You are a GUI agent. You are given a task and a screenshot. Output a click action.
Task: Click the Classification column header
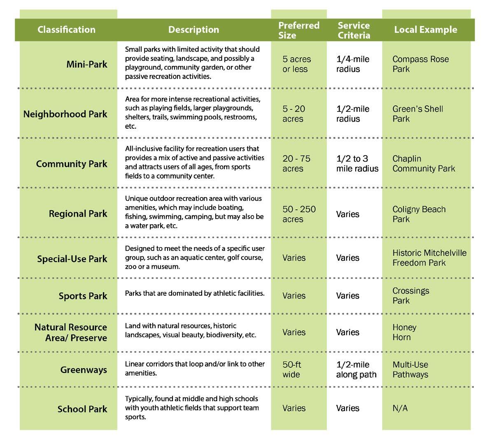66,30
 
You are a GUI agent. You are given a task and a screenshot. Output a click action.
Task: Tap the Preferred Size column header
298,30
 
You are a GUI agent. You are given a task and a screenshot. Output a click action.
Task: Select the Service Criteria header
354,30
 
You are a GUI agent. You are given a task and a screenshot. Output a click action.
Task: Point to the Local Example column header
425,30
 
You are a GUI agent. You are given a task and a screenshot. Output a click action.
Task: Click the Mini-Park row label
86,64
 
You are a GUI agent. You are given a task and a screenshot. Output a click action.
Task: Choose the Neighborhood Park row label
65,114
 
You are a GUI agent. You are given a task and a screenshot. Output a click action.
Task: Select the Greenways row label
84,370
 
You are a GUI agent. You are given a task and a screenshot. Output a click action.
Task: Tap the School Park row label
82,409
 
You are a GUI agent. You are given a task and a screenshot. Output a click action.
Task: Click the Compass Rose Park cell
420,64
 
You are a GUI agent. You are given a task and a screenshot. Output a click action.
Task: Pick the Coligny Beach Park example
419,214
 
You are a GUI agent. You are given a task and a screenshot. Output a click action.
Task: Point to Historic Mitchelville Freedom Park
429,258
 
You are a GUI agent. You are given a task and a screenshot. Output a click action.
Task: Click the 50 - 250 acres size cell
299,214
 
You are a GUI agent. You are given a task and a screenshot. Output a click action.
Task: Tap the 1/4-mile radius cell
352,64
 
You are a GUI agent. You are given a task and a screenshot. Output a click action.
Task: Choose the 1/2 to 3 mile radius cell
357,163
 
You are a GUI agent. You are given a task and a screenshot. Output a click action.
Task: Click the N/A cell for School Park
400,408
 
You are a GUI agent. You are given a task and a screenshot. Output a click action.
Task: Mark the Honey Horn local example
404,332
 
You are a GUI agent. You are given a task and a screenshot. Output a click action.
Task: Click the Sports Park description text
194,293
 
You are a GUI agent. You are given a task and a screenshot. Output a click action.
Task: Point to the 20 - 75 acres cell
296,163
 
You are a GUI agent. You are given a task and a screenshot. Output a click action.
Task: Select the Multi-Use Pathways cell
410,369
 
